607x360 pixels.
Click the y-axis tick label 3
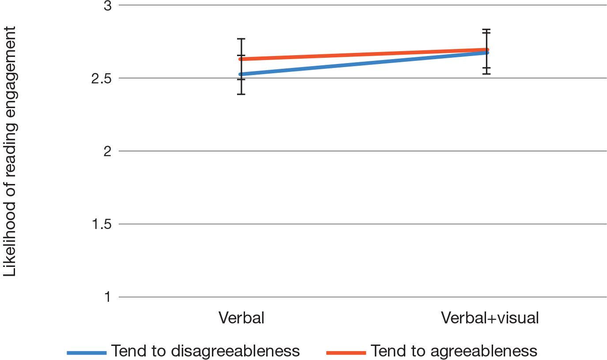pos(107,6)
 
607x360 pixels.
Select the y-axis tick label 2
pos(107,151)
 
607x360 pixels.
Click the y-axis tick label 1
pos(108,297)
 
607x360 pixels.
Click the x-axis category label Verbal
pos(241,318)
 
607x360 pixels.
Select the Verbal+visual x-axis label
pos(490,318)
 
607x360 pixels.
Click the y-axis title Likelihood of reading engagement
pos(10,151)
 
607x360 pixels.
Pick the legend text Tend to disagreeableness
pos(205,351)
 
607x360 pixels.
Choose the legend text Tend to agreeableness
pos(454,351)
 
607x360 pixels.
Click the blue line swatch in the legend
pos(87,352)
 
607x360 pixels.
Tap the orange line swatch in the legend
pos(346,352)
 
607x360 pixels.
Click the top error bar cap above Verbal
pos(241,39)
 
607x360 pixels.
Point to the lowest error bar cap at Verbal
pos(241,94)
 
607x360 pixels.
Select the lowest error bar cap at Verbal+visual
pos(486,74)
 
